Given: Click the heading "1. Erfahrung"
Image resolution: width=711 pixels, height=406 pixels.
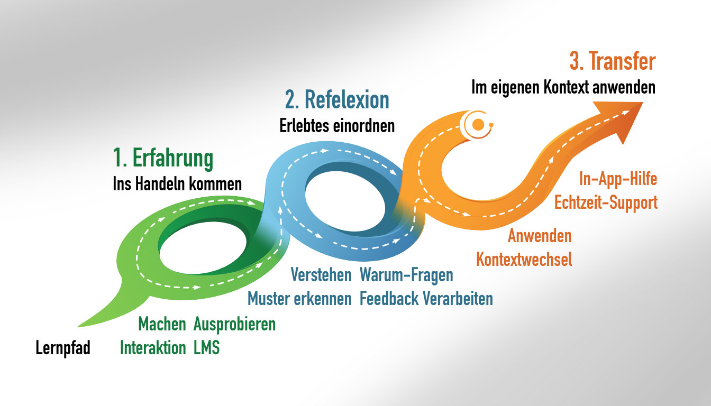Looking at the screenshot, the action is point(163,158).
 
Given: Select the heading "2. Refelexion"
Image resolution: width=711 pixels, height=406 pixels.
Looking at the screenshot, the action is point(336,100).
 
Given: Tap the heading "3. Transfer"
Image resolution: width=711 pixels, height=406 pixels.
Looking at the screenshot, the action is point(612,62).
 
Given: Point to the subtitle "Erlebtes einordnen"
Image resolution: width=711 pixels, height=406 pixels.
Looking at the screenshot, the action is point(336,126).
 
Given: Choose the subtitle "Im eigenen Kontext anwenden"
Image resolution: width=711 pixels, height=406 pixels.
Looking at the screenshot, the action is point(563,87).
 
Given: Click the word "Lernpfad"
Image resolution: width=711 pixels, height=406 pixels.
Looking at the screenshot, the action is point(63,348).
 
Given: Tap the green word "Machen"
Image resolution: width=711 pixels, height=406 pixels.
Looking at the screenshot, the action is point(162,324).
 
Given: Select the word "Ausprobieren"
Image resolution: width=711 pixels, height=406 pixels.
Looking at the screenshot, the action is point(234,324).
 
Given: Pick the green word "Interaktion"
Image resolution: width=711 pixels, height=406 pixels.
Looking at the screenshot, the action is point(153,348).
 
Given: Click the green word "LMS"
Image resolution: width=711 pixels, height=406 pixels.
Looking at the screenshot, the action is point(206,348).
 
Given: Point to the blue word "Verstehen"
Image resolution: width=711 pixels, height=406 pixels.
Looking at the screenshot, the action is point(321,275).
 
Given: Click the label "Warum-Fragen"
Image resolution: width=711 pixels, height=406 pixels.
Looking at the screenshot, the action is point(406,275).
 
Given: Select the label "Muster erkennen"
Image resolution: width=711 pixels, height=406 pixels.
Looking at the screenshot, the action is point(299,299).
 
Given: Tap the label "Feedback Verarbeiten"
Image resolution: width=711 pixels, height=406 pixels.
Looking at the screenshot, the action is point(426,299).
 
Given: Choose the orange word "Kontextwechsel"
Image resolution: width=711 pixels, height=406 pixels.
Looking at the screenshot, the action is point(524,260).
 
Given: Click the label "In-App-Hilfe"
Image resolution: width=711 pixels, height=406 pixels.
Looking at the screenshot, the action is point(618,179).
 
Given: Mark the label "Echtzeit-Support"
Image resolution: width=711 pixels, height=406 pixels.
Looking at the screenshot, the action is point(606,202).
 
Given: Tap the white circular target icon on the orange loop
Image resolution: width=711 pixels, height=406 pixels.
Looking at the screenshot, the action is point(478,125).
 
